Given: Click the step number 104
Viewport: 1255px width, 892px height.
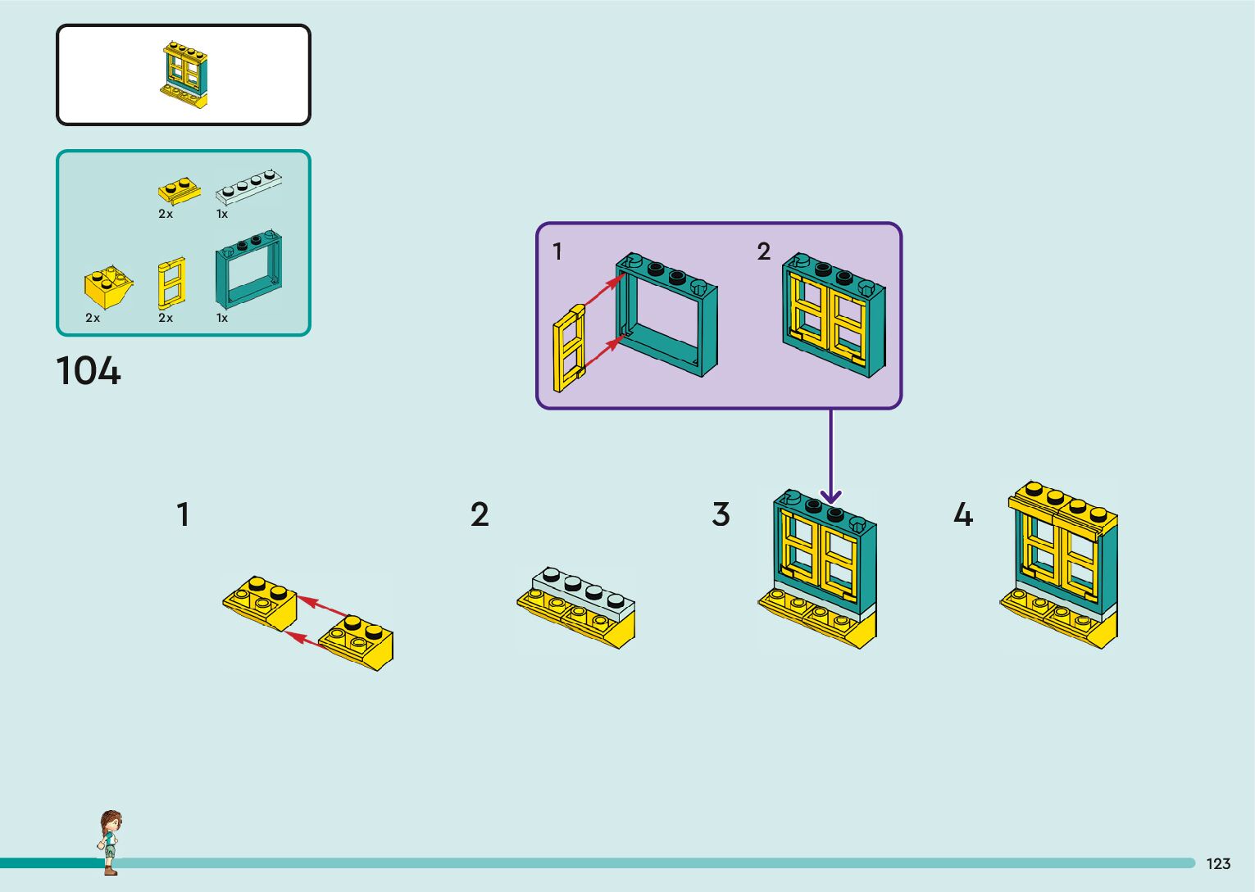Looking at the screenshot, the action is [89, 371].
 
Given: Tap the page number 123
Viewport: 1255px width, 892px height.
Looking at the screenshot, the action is [1219, 863].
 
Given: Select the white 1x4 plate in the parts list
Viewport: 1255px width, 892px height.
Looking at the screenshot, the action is [248, 186].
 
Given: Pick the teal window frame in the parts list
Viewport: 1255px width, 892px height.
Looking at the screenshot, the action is [248, 269].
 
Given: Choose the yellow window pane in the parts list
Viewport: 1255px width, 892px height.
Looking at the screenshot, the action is [171, 283].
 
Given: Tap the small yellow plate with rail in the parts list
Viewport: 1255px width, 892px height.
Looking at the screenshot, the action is [180, 191].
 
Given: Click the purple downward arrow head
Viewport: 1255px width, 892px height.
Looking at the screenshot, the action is [830, 496].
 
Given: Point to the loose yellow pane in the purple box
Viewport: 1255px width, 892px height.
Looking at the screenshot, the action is [569, 348].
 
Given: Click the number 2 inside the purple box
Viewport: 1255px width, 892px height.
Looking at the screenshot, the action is [764, 251].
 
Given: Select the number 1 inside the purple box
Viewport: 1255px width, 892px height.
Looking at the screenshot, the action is [557, 251].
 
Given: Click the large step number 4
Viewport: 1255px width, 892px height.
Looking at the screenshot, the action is [963, 514].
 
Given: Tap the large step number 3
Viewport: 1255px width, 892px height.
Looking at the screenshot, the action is [721, 514].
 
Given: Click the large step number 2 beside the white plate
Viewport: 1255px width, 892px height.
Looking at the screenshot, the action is [480, 514].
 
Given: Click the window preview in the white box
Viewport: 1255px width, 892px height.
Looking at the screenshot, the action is [184, 75].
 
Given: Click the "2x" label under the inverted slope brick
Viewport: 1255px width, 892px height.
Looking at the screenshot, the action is [93, 318].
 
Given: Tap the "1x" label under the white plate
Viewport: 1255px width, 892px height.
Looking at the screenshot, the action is [222, 214].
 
